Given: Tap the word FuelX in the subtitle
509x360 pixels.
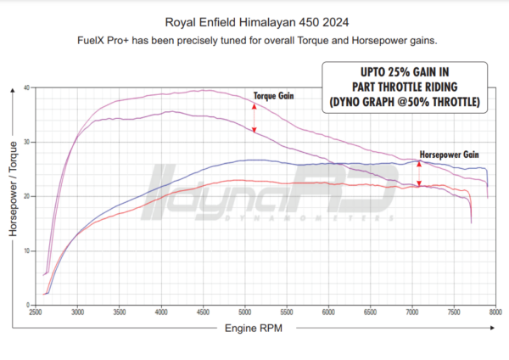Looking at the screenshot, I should (x=92, y=40).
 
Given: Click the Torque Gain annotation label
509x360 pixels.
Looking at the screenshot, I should (x=274, y=97).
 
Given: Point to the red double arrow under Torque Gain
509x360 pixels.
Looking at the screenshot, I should (x=254, y=117).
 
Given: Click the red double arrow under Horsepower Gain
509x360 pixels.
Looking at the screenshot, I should (x=419, y=173).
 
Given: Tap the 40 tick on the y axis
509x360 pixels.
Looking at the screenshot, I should (x=28, y=87).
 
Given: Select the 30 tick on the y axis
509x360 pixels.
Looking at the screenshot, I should (x=28, y=142).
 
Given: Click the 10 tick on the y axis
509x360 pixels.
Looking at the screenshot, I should (x=28, y=251).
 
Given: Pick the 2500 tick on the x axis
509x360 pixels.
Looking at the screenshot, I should (x=36, y=312).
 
